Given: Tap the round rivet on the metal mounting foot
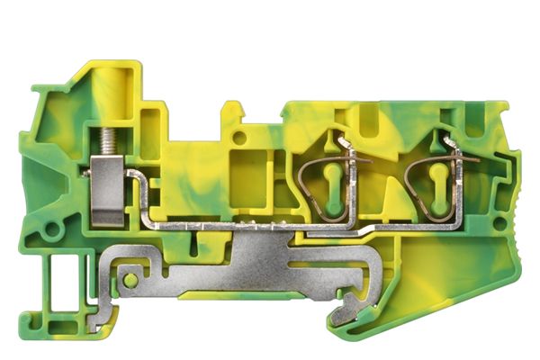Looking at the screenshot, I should (x=131, y=281).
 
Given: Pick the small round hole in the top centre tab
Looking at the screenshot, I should (x=240, y=138).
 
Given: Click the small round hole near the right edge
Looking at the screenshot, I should (x=500, y=227).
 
